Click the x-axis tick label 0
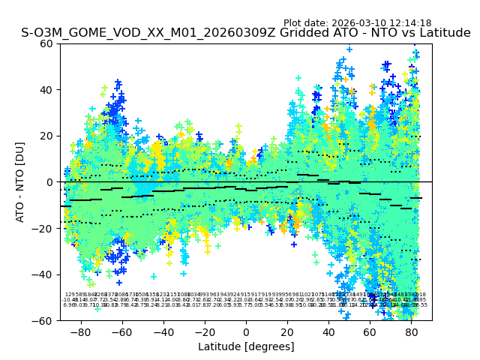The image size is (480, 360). pyautogui.click(x=246, y=331)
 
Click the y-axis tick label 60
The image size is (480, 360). pyautogui.click(x=47, y=43)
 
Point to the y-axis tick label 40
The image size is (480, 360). pyautogui.click(x=47, y=90)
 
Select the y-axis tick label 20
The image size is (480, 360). pyautogui.click(x=47, y=136)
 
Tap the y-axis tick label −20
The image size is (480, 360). pyautogui.click(x=44, y=228)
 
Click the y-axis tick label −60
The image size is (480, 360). pyautogui.click(x=44, y=320)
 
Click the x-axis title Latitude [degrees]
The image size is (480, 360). pyautogui.click(x=246, y=346)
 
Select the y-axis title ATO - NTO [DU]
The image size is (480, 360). pyautogui.click(x=21, y=182)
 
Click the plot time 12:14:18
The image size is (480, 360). pyautogui.click(x=409, y=23)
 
